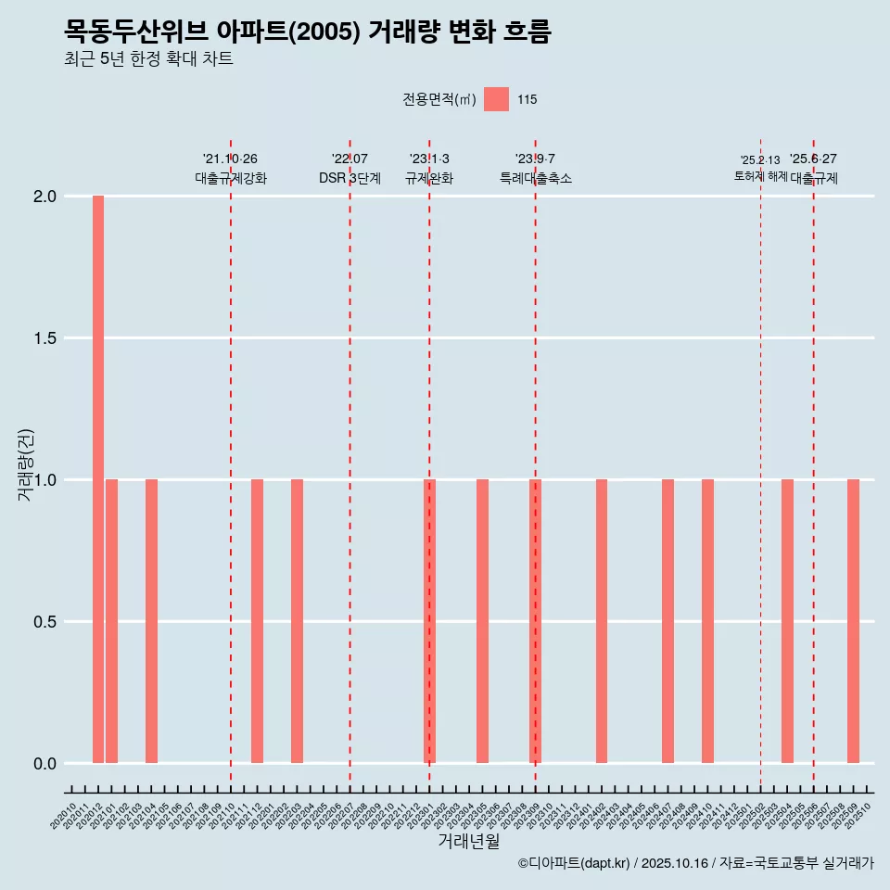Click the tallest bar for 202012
coord(98,479)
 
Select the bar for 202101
coord(111,621)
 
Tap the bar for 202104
coord(151,621)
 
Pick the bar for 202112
coord(257,621)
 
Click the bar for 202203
coord(297,621)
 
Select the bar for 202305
coord(482,621)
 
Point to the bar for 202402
coord(602,621)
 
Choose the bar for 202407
coord(667,621)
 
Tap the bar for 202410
coord(707,621)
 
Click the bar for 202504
coord(787,621)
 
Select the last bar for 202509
coord(853,621)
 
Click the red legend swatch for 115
coord(496,99)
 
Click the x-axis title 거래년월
coord(468,841)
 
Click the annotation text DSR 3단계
coord(350,178)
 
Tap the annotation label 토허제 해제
coord(760,175)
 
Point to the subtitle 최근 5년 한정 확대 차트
coord(148,59)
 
